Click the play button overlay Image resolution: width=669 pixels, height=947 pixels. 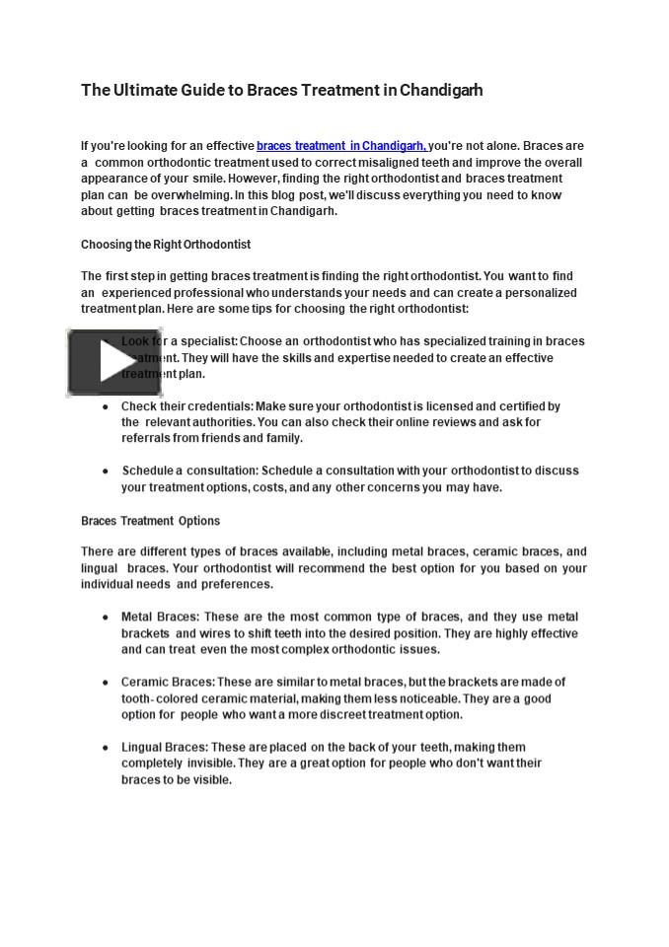click(113, 363)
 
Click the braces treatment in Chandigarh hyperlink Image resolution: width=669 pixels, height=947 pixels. click(340, 146)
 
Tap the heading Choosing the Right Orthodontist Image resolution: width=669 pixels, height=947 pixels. click(166, 245)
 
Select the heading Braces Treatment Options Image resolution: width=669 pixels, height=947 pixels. click(150, 521)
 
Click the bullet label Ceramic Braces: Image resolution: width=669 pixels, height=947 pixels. click(168, 682)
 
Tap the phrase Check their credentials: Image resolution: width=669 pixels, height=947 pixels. click(187, 405)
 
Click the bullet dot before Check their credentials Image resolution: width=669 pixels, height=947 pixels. click(106, 406)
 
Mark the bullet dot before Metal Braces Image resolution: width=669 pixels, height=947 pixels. click(106, 618)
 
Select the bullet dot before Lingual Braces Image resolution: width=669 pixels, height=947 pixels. click(106, 748)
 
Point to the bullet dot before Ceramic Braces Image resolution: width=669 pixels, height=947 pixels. click(106, 683)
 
